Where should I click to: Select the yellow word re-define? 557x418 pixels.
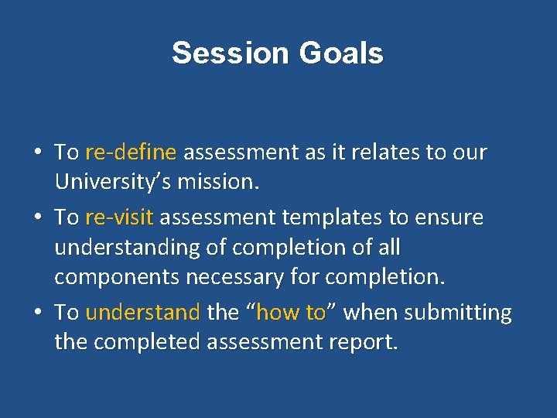[131, 152]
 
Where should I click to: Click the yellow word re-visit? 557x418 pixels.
[119, 218]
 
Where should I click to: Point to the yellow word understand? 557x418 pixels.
[142, 313]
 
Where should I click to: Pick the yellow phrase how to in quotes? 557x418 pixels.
[291, 313]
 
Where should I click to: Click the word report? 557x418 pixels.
[364, 342]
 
